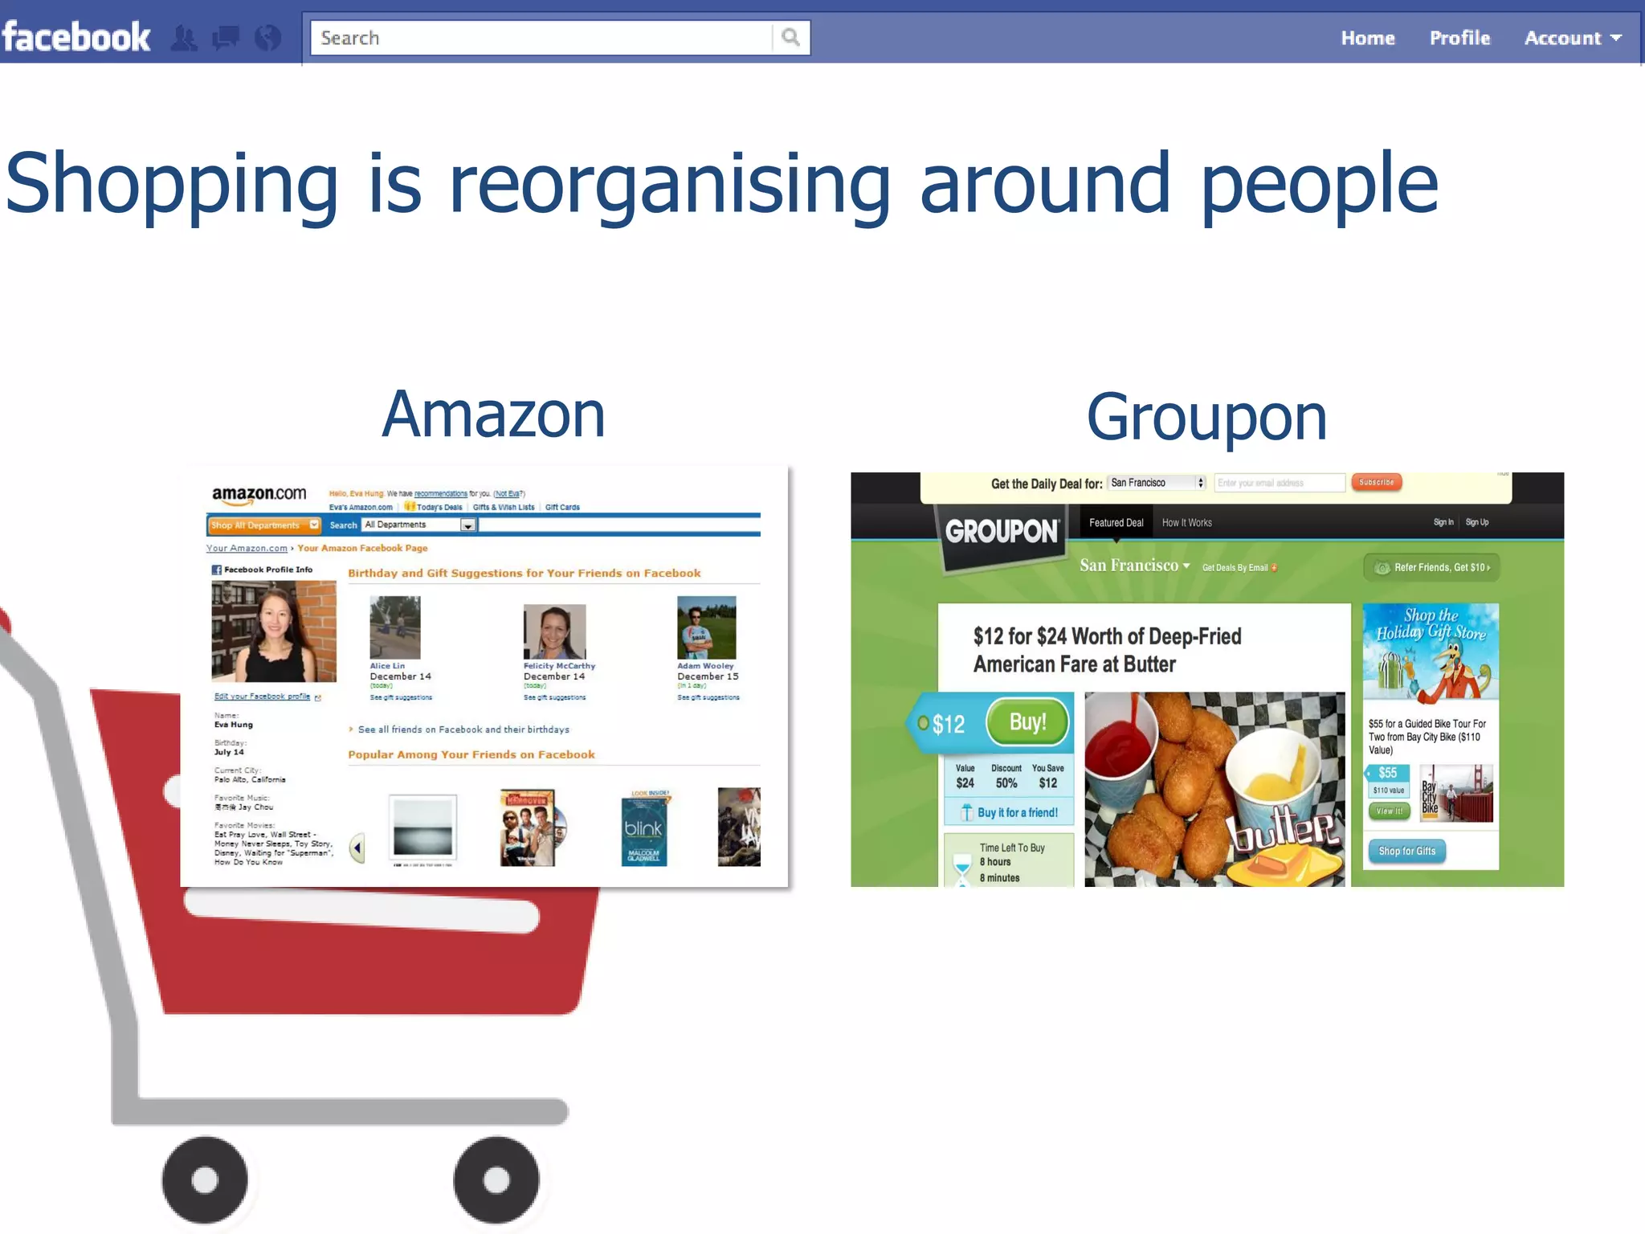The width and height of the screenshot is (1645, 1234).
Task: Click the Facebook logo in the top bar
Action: coord(76,37)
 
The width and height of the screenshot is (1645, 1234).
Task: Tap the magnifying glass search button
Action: coord(790,37)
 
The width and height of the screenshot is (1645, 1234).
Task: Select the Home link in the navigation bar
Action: coord(1367,38)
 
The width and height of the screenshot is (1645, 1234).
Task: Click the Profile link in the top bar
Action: coord(1459,38)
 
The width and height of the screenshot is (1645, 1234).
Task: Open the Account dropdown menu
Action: coord(1572,38)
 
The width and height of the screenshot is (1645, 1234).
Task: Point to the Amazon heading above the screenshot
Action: coord(493,415)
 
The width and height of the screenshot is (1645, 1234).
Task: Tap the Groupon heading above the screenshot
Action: coord(1206,418)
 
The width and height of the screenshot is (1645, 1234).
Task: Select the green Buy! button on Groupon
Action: coord(1027,721)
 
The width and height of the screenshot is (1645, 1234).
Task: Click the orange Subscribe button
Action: coord(1376,482)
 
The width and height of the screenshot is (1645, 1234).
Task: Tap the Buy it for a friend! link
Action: coord(1017,812)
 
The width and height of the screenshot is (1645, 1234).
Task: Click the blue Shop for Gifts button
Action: coord(1406,851)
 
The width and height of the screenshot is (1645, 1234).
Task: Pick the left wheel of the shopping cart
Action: coord(205,1179)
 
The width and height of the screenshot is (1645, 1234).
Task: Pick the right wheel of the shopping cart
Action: coord(496,1179)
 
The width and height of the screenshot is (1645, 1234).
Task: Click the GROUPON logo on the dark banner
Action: coord(1002,532)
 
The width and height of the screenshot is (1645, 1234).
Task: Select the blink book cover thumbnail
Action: coord(643,829)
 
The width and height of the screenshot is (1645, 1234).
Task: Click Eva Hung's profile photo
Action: coord(274,631)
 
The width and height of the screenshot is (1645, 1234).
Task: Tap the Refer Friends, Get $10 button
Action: coord(1432,567)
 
